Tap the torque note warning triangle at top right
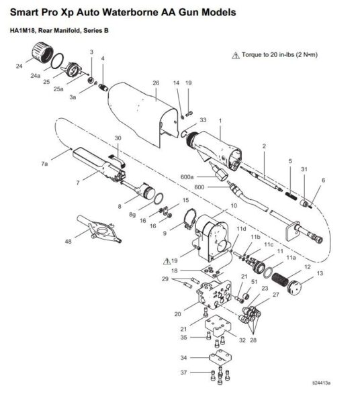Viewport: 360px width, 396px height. pyautogui.click(x=234, y=55)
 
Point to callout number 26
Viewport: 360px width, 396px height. pyautogui.click(x=155, y=83)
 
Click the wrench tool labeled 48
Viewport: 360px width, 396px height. pyautogui.click(x=98, y=230)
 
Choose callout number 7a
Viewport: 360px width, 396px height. pyautogui.click(x=45, y=163)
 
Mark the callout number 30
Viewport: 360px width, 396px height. pyautogui.click(x=118, y=138)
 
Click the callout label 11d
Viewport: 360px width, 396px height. pyautogui.click(x=240, y=230)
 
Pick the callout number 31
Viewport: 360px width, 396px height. pyautogui.click(x=304, y=168)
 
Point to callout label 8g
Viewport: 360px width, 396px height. pyautogui.click(x=132, y=212)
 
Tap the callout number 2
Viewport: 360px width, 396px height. pyautogui.click(x=264, y=146)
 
